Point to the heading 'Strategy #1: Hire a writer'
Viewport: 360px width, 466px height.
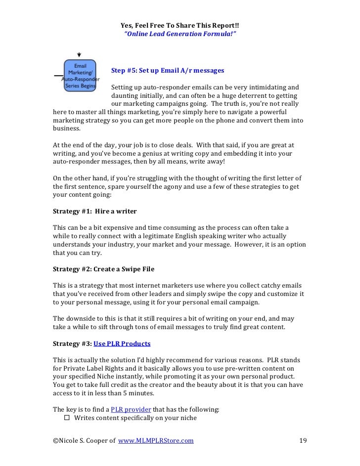[x=94, y=211]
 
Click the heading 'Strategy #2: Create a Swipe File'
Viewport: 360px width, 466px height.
[x=103, y=269]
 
